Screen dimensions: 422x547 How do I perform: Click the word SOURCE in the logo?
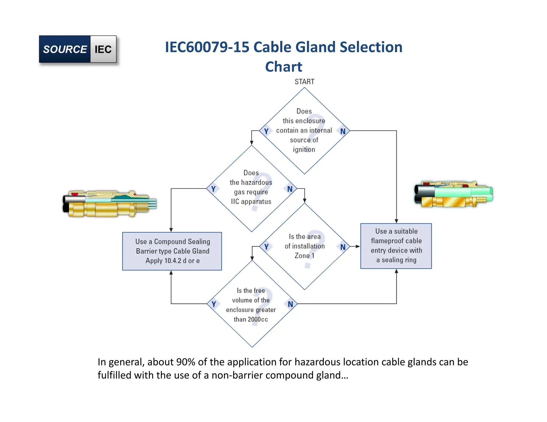click(65, 49)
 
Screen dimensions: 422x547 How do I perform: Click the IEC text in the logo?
click(103, 49)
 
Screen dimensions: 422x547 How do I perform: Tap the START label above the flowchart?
click(304, 82)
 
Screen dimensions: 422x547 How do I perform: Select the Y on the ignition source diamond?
click(266, 131)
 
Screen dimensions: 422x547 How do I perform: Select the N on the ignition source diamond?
click(343, 131)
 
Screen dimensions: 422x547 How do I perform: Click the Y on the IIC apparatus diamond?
click(213, 189)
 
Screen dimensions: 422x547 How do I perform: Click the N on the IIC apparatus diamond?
click(290, 189)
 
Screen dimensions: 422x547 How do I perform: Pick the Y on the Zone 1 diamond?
click(266, 247)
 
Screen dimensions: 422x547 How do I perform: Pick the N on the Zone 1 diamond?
click(343, 247)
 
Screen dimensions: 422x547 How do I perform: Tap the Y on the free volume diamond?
click(214, 304)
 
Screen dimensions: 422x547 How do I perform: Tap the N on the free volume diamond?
click(290, 304)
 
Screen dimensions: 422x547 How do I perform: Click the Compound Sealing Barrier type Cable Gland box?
click(172, 251)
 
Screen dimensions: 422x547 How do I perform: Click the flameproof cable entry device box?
click(396, 246)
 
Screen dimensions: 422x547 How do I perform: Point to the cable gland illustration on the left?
click(110, 204)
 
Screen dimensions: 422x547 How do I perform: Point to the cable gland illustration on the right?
click(453, 194)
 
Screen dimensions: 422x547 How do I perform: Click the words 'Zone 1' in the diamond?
click(304, 256)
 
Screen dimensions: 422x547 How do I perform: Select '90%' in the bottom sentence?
click(186, 362)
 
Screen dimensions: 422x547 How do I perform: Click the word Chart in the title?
click(283, 66)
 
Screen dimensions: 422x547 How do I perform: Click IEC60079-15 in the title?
click(207, 47)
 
